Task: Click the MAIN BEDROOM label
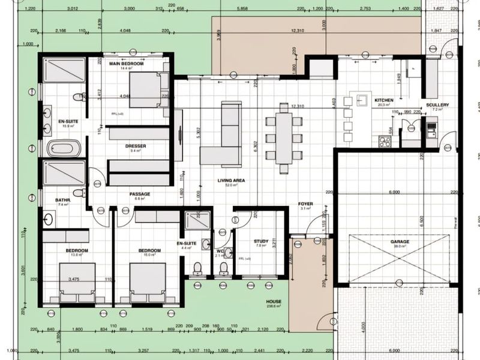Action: coord(126,63)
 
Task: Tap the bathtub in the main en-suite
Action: coord(64,148)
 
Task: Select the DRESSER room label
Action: coord(136,146)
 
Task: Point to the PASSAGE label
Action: coord(139,194)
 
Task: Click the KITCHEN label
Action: coord(383,100)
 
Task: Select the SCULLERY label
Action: coord(437,105)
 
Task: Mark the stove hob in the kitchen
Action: coord(385,142)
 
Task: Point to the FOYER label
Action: coord(305,204)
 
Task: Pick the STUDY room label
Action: coord(260,241)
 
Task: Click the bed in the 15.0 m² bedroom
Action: coord(148,282)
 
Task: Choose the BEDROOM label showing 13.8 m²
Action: coord(76,250)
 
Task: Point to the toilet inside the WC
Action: coord(223,268)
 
